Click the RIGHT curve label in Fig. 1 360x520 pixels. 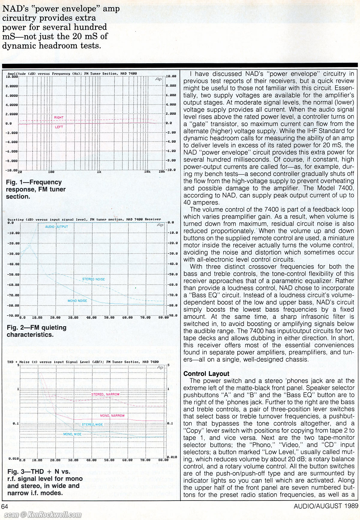click(59, 117)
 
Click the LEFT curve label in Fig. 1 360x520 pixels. click(59, 127)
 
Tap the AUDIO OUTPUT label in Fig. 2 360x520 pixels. click(56, 227)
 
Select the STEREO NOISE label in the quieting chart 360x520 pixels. click(94, 279)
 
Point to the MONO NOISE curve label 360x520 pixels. click(77, 301)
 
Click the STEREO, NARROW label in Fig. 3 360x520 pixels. click(105, 394)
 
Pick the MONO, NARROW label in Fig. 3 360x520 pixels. click(112, 416)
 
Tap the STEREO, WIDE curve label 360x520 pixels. click(92, 425)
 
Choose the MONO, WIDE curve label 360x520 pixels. click(72, 434)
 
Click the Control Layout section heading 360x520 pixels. click(206, 374)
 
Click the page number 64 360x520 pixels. click(4, 506)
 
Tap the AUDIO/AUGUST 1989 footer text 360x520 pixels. click(326, 506)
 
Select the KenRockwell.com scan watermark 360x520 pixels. click(43, 515)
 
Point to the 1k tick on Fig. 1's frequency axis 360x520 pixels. click(99, 172)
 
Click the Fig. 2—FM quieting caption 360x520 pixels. click(37, 331)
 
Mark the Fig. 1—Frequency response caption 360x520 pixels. click(36, 189)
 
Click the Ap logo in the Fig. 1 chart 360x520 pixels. click(158, 79)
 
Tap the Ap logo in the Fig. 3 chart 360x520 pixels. click(160, 367)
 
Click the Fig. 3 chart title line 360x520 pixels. click(83, 362)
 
